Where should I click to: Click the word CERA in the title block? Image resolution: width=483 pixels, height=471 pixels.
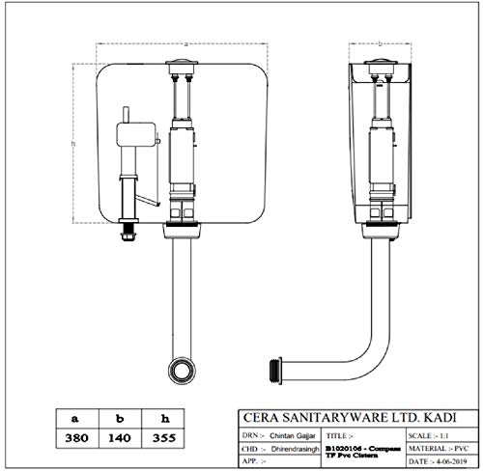coord(259,417)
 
